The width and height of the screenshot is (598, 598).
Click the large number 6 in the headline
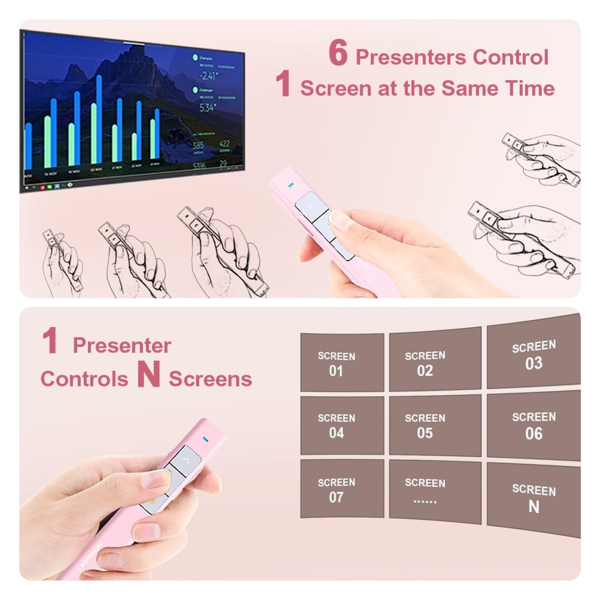coord(338,54)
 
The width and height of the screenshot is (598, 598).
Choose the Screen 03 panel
coord(533,355)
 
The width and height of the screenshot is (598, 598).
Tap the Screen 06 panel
coord(533,425)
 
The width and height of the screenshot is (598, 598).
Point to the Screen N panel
coord(533,498)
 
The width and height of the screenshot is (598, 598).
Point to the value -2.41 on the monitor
coord(208,75)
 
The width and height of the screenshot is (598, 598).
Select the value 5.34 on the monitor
coord(207,108)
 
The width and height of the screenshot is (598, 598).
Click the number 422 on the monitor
coord(224,144)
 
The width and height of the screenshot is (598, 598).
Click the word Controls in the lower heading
coord(84,379)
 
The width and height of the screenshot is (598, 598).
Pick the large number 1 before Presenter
coord(50,341)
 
